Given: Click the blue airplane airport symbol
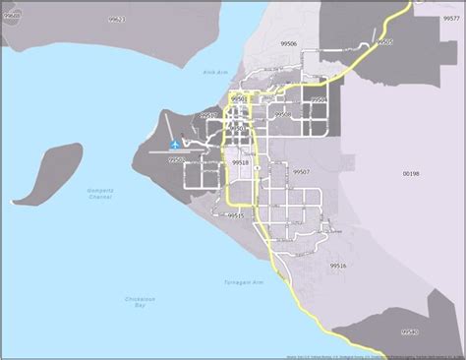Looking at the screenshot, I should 175,146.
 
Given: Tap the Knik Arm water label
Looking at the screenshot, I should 215,72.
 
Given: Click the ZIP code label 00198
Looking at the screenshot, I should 411,173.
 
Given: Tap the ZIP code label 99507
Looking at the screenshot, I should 301,171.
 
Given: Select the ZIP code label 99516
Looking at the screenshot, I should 337,266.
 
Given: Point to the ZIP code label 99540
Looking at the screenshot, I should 409,332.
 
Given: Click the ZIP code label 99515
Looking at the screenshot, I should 236,214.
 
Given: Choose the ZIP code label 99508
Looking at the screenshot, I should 283,115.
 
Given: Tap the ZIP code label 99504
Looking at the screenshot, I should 319,100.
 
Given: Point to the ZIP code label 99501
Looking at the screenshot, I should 239,99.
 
